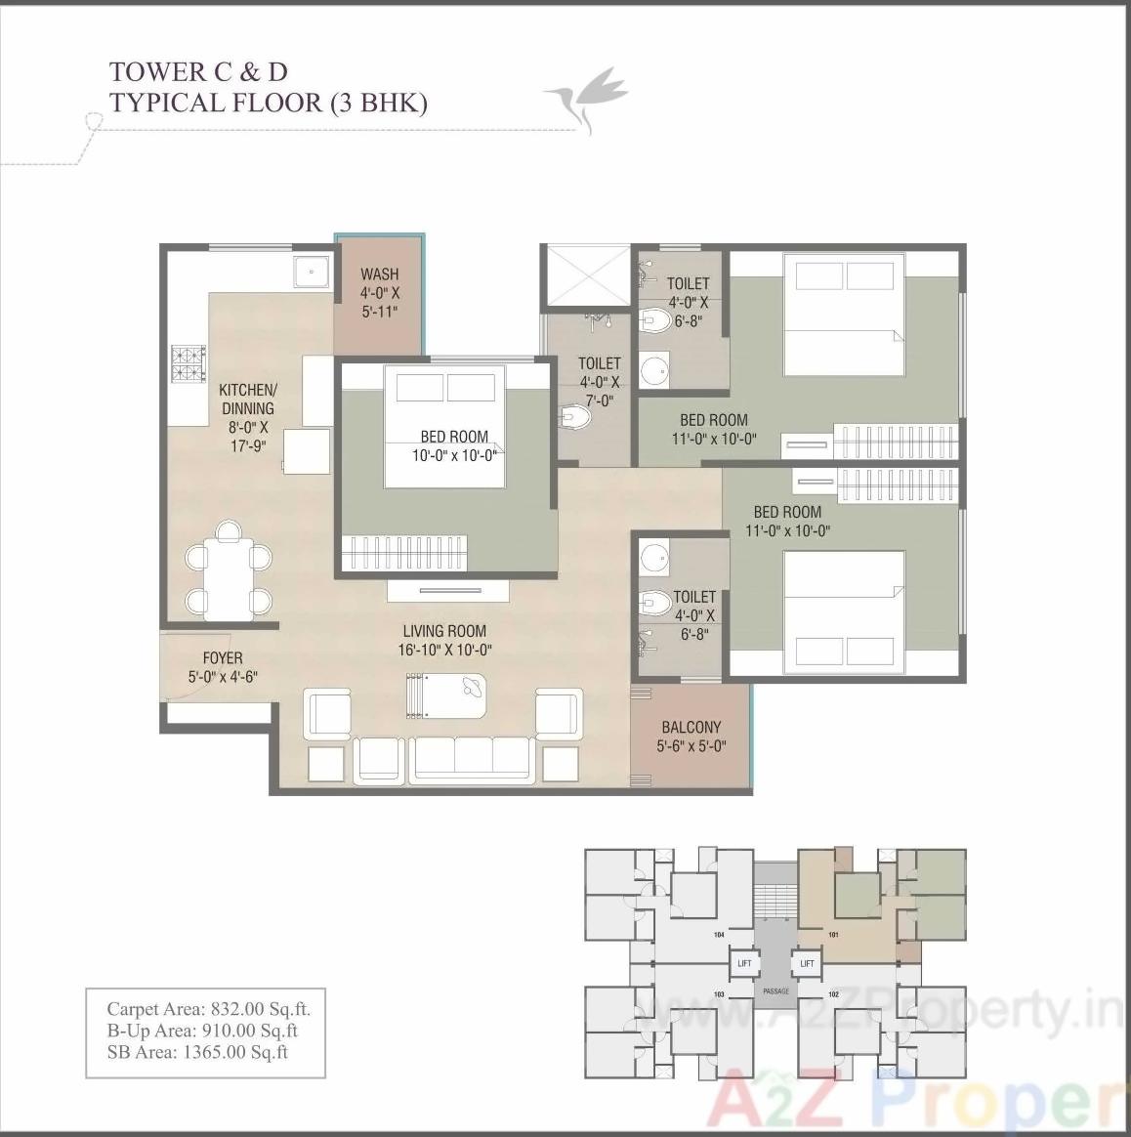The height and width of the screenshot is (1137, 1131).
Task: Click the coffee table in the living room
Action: (x=445, y=696)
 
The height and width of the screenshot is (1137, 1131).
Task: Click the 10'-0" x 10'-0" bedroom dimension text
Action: (x=455, y=454)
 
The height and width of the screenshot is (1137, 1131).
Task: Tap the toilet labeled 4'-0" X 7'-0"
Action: (x=599, y=382)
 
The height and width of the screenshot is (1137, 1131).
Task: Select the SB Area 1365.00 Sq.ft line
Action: (x=197, y=1052)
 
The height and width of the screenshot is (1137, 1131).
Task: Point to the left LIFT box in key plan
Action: (x=744, y=963)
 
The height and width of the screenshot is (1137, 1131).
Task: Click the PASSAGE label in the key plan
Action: (x=775, y=991)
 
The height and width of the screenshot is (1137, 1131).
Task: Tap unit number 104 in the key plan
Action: (x=719, y=935)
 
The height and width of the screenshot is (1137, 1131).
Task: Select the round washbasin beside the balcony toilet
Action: (x=654, y=557)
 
